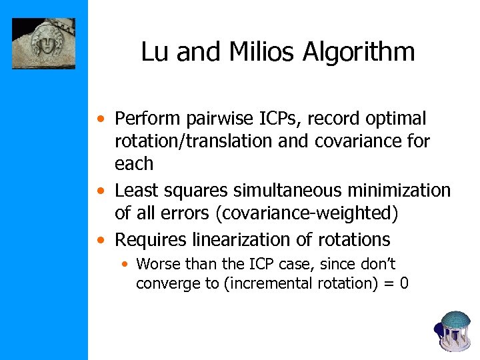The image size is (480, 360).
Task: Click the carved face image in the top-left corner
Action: tap(44, 43)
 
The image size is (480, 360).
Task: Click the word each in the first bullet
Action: tap(134, 164)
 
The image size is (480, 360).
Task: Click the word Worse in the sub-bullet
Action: tap(156, 264)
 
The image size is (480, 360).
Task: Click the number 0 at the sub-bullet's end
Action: tap(404, 283)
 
